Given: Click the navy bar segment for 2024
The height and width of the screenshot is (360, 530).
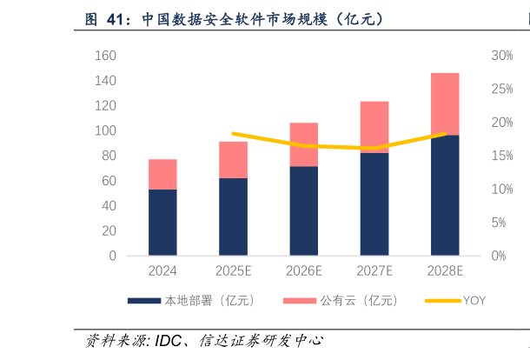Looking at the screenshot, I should coord(162,223).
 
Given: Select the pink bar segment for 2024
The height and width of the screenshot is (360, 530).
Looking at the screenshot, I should coord(162,174).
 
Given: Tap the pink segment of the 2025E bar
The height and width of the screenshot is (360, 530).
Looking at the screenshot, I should coord(233,160).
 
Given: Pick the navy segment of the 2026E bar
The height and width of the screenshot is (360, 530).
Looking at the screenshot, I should coord(303,210).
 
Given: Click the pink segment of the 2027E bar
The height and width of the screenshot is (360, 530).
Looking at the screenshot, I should coord(374,127).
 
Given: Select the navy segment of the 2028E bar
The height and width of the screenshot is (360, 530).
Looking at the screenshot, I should coord(445,196).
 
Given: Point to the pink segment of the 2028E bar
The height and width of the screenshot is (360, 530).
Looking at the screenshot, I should coord(445,104).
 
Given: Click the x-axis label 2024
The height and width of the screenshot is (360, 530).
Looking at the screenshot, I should coord(162,271).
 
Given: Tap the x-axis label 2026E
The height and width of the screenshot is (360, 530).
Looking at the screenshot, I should coord(303,271).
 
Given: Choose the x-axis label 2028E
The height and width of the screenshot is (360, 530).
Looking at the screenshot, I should coord(445,271).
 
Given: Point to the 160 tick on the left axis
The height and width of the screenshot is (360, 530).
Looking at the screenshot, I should coord(105,56).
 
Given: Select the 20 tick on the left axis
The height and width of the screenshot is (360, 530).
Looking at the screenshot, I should coord(109,231).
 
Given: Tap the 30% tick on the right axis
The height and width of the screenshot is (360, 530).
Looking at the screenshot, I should coord(502,56).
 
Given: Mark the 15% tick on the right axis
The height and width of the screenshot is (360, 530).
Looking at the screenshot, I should coord(502,156).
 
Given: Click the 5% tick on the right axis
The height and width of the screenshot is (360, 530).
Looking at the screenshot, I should coord(500,223).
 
